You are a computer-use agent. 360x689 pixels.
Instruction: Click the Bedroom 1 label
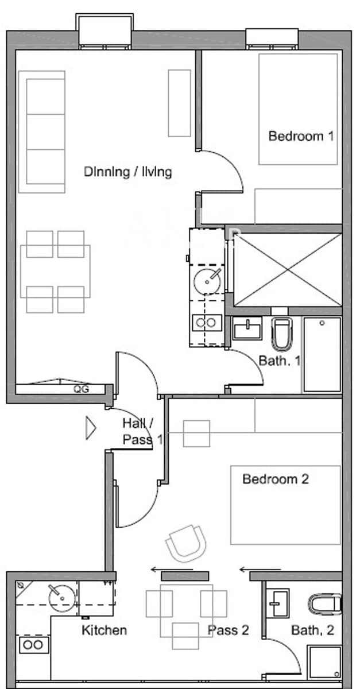(x=301, y=137)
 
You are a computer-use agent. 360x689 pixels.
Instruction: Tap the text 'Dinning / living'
(x=127, y=172)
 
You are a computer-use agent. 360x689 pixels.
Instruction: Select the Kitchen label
(x=104, y=630)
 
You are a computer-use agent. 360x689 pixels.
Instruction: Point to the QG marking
(x=80, y=389)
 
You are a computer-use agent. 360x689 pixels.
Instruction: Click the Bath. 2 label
(x=312, y=630)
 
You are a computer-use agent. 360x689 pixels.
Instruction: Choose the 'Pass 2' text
(x=228, y=630)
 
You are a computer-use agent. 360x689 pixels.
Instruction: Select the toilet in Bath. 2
(x=326, y=603)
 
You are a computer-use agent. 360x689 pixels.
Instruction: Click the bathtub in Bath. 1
(x=322, y=354)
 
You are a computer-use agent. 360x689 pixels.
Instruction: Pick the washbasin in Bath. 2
(x=279, y=602)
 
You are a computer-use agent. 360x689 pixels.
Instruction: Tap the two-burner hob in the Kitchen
(x=33, y=645)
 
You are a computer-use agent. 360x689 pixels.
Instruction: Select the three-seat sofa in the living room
(x=42, y=131)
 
